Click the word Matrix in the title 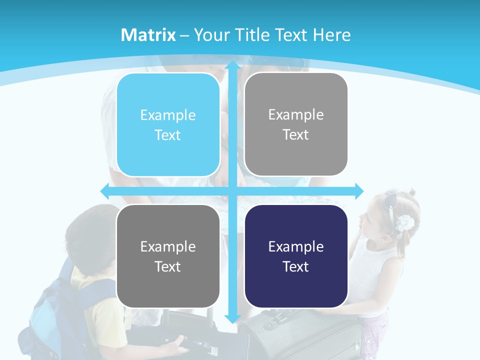tap(148, 35)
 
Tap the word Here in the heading tap(331, 35)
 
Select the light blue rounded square tap(168, 124)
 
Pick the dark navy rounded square tap(296, 256)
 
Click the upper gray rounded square tap(296, 124)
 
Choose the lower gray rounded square tap(168, 256)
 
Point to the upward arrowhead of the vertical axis tap(232, 65)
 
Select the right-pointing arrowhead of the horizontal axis tap(359, 191)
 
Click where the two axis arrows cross tap(232, 191)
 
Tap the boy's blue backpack tap(50, 315)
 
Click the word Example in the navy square tap(296, 246)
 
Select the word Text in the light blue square tap(168, 135)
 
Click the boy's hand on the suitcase tap(177, 344)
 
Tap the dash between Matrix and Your tap(184, 35)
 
